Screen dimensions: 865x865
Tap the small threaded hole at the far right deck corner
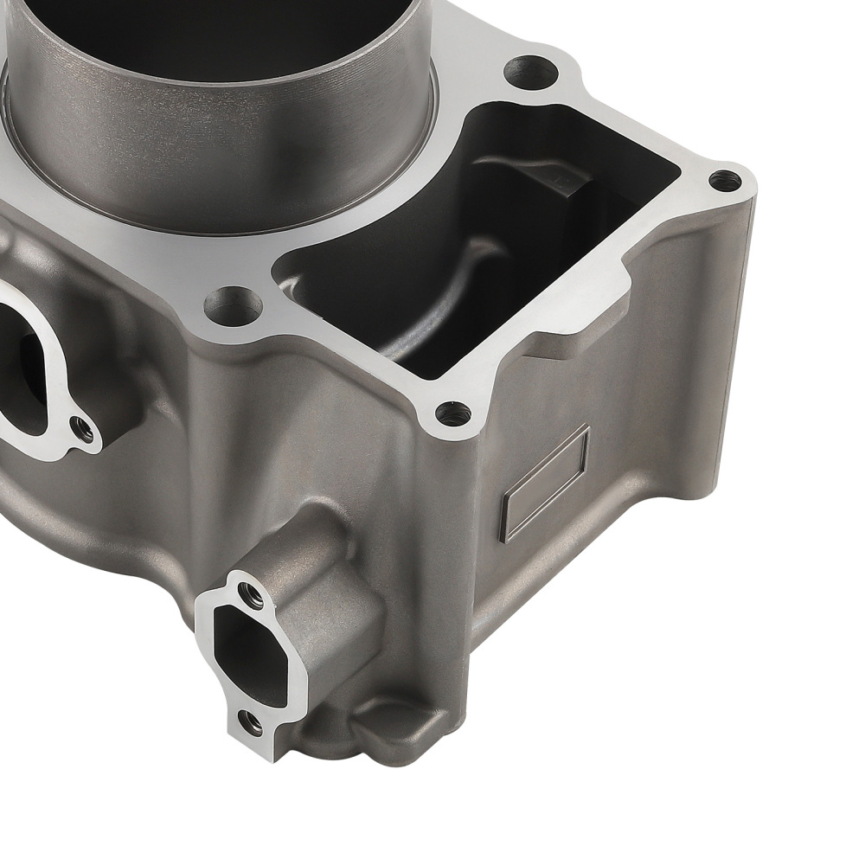tap(725, 181)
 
